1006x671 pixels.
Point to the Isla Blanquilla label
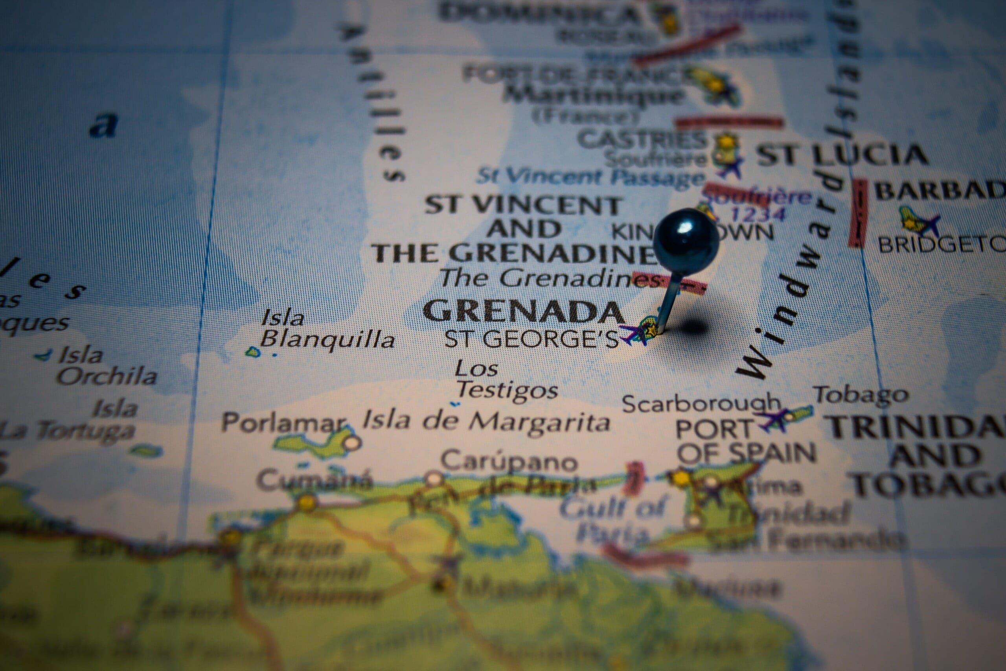[x=327, y=329]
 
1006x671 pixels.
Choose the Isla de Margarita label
[x=486, y=422]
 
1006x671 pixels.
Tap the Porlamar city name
[x=283, y=423]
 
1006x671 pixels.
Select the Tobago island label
[x=860, y=394]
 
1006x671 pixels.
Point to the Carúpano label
[x=509, y=461]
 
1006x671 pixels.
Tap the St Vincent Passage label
[x=590, y=176]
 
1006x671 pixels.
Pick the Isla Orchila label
[x=107, y=366]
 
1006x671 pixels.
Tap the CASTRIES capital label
[x=642, y=140]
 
